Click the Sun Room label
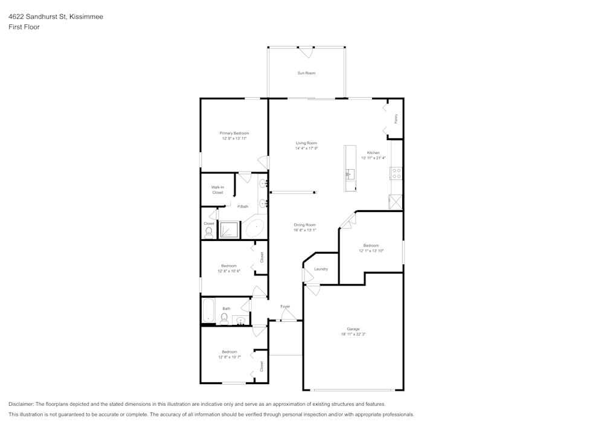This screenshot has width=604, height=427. point(306,73)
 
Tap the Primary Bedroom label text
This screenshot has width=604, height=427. point(234,133)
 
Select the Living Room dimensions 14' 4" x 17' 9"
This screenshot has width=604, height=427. point(306,149)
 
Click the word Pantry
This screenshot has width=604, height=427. point(396,119)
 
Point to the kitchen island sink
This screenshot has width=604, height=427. point(349,175)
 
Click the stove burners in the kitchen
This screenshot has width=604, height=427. point(397,173)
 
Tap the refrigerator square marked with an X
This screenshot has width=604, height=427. point(396,202)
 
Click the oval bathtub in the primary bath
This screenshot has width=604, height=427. point(254,228)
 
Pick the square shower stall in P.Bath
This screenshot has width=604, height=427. point(229,230)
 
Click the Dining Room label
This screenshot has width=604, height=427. point(305,225)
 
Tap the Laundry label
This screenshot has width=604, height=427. point(321,269)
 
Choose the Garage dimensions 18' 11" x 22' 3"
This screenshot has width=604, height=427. point(353,334)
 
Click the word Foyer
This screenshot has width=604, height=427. point(285,307)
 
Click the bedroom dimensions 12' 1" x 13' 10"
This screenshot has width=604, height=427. point(371,251)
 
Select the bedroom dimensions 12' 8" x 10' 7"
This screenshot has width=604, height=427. point(229,357)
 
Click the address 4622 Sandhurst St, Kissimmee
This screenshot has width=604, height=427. point(56,17)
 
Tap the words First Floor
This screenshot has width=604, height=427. point(24,27)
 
